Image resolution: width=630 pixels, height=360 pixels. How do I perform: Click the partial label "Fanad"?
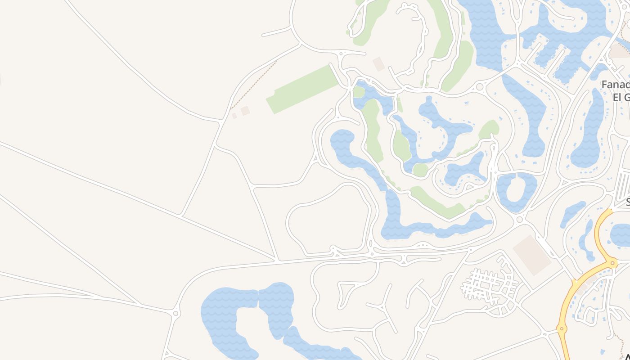pyautogui.click(x=616, y=85)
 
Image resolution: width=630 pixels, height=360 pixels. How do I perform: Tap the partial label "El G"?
pyautogui.click(x=621, y=97)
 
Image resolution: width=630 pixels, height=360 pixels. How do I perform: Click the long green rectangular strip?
pyautogui.click(x=302, y=89)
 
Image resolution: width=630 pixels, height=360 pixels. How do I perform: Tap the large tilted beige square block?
pyautogui.click(x=532, y=255)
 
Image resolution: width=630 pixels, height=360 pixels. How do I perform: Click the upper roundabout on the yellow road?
pyautogui.click(x=612, y=263)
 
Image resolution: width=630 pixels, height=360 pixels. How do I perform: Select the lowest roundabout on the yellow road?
pyautogui.click(x=561, y=329)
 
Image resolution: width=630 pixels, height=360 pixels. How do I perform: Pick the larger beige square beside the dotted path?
pyautogui.click(x=245, y=111)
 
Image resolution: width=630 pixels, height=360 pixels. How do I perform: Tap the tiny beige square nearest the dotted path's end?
pyautogui.click(x=234, y=116)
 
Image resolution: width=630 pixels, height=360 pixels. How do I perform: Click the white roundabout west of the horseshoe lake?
pyautogui.click(x=175, y=313)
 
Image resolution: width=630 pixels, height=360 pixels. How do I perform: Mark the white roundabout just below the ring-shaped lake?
pyautogui.click(x=520, y=220)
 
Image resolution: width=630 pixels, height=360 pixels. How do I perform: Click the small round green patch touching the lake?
pyautogui.click(x=420, y=170)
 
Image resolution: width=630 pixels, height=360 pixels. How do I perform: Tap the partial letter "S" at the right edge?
pyautogui.click(x=627, y=202)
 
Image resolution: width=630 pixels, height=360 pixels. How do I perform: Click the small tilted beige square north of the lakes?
pyautogui.click(x=379, y=64)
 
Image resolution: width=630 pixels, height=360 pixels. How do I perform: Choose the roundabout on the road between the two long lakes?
pyautogui.click(x=480, y=87)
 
